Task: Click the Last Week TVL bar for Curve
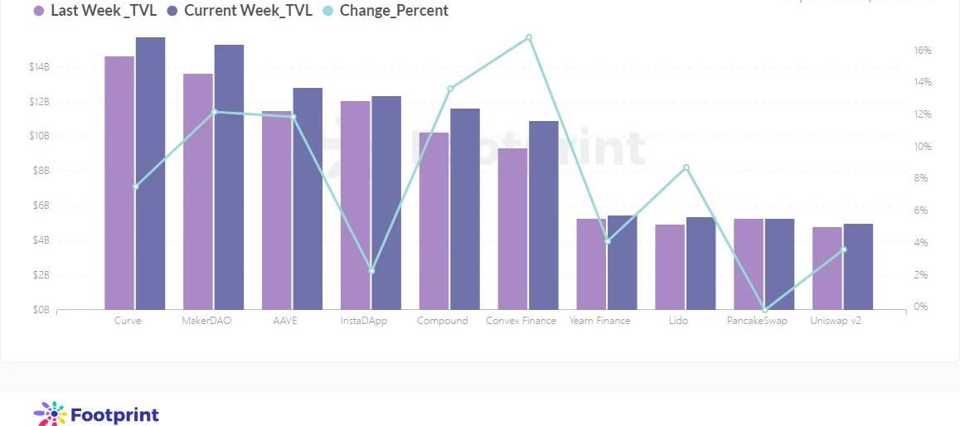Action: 119,182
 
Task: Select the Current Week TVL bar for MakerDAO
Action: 229,177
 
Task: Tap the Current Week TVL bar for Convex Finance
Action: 544,215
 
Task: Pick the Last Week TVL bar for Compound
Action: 434,220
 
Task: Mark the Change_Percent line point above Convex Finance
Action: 529,37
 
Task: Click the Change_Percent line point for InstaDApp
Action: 371,271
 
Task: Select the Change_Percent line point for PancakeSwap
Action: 764,310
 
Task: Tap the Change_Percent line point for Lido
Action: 686,167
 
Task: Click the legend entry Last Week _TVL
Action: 95,11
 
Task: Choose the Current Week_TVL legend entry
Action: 239,11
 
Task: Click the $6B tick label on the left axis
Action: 40,206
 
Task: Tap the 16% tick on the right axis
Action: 923,51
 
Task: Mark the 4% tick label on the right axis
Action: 923,243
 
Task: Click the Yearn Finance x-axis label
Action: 599,321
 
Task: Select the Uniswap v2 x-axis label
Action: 835,321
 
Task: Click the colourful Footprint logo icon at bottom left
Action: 50,414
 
